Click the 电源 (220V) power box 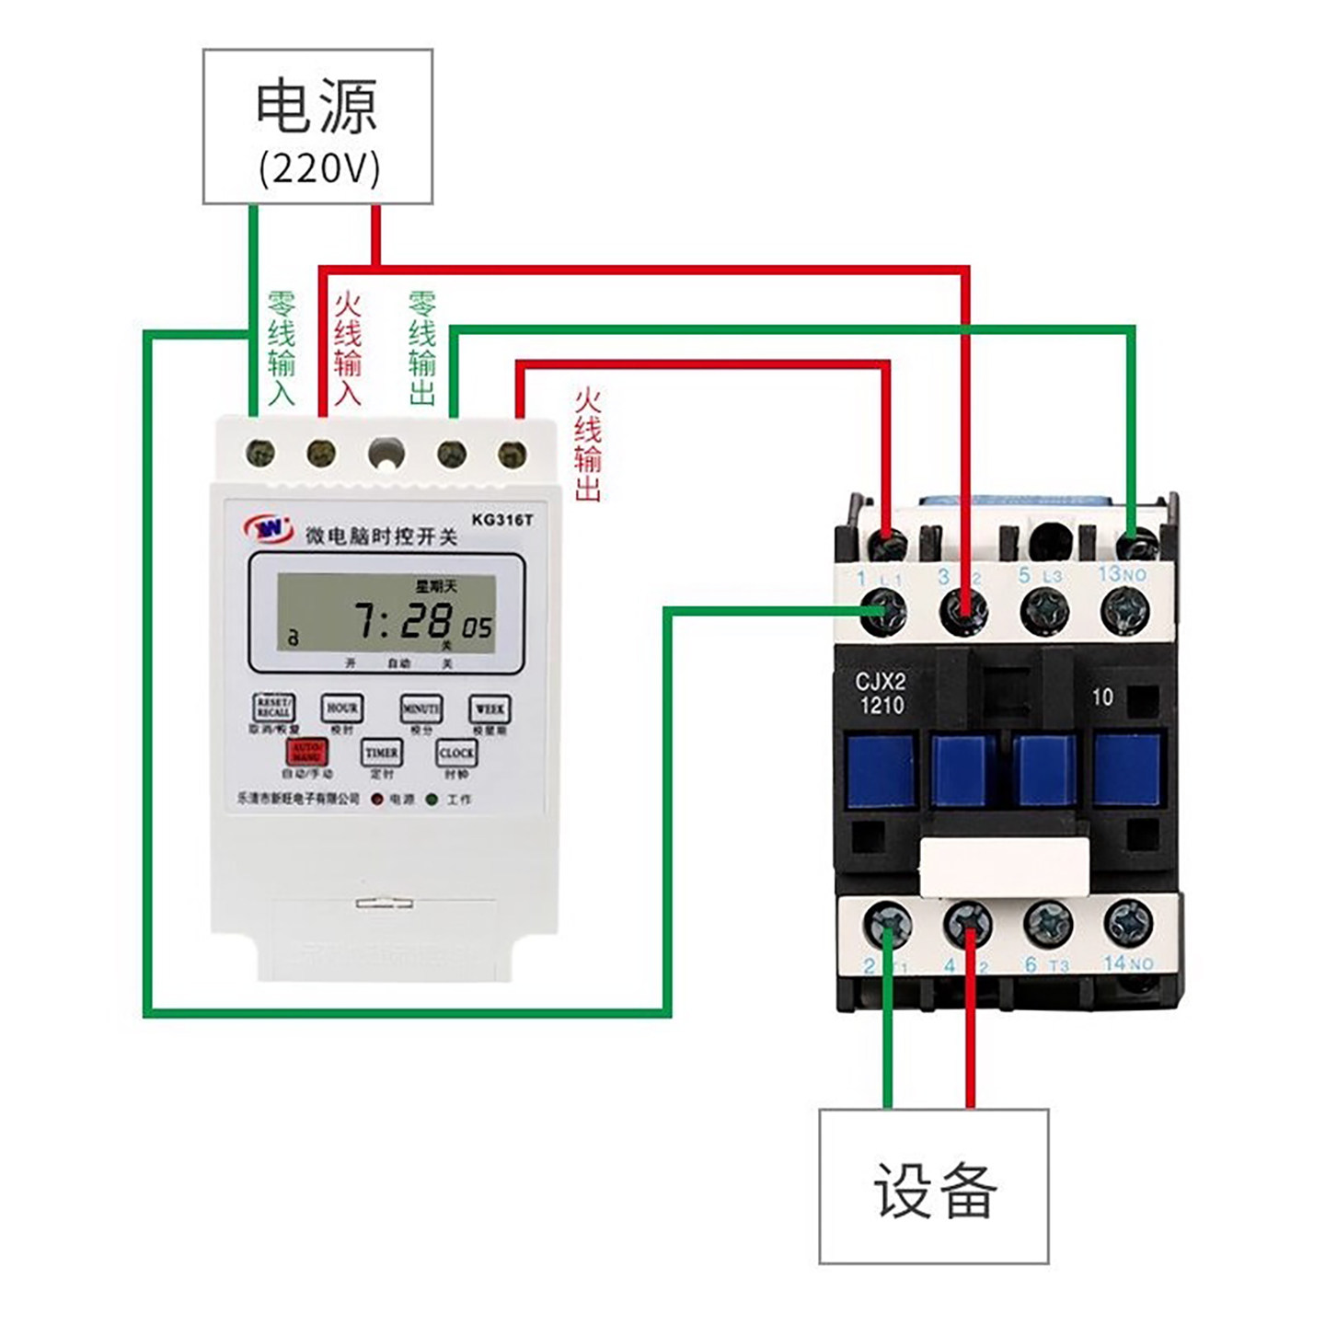[x=317, y=127]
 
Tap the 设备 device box [x=933, y=1186]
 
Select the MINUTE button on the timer [x=421, y=709]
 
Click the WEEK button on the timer [x=489, y=709]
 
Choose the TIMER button [x=382, y=753]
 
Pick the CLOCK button [x=456, y=753]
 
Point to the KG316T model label [x=501, y=520]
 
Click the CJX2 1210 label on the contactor [x=881, y=694]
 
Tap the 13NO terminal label [x=1123, y=575]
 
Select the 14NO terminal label [x=1128, y=963]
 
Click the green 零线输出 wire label [x=422, y=348]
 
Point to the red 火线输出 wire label [x=587, y=444]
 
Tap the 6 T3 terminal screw [x=1047, y=923]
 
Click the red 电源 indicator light [x=377, y=800]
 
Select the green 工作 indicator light [x=432, y=800]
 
